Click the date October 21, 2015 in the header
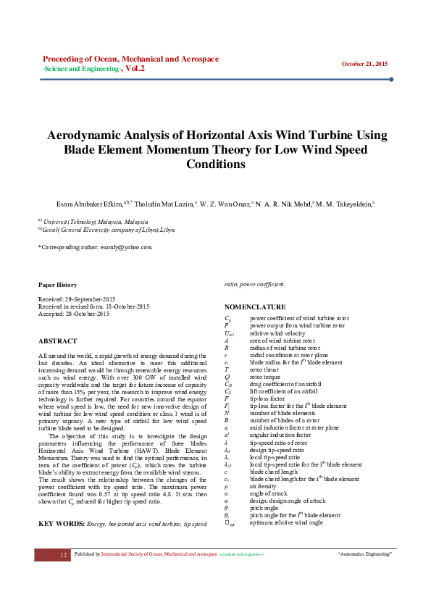pos(364,64)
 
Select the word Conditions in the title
pos(216,164)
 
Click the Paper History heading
pos(57,285)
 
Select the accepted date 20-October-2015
pos(84,313)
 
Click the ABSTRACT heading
pos(57,340)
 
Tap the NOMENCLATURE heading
pos(255,307)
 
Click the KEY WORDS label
pos(61,522)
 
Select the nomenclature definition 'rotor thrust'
pos(265,369)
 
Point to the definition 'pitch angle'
pos(266,508)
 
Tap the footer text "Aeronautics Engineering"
pos(364,554)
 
